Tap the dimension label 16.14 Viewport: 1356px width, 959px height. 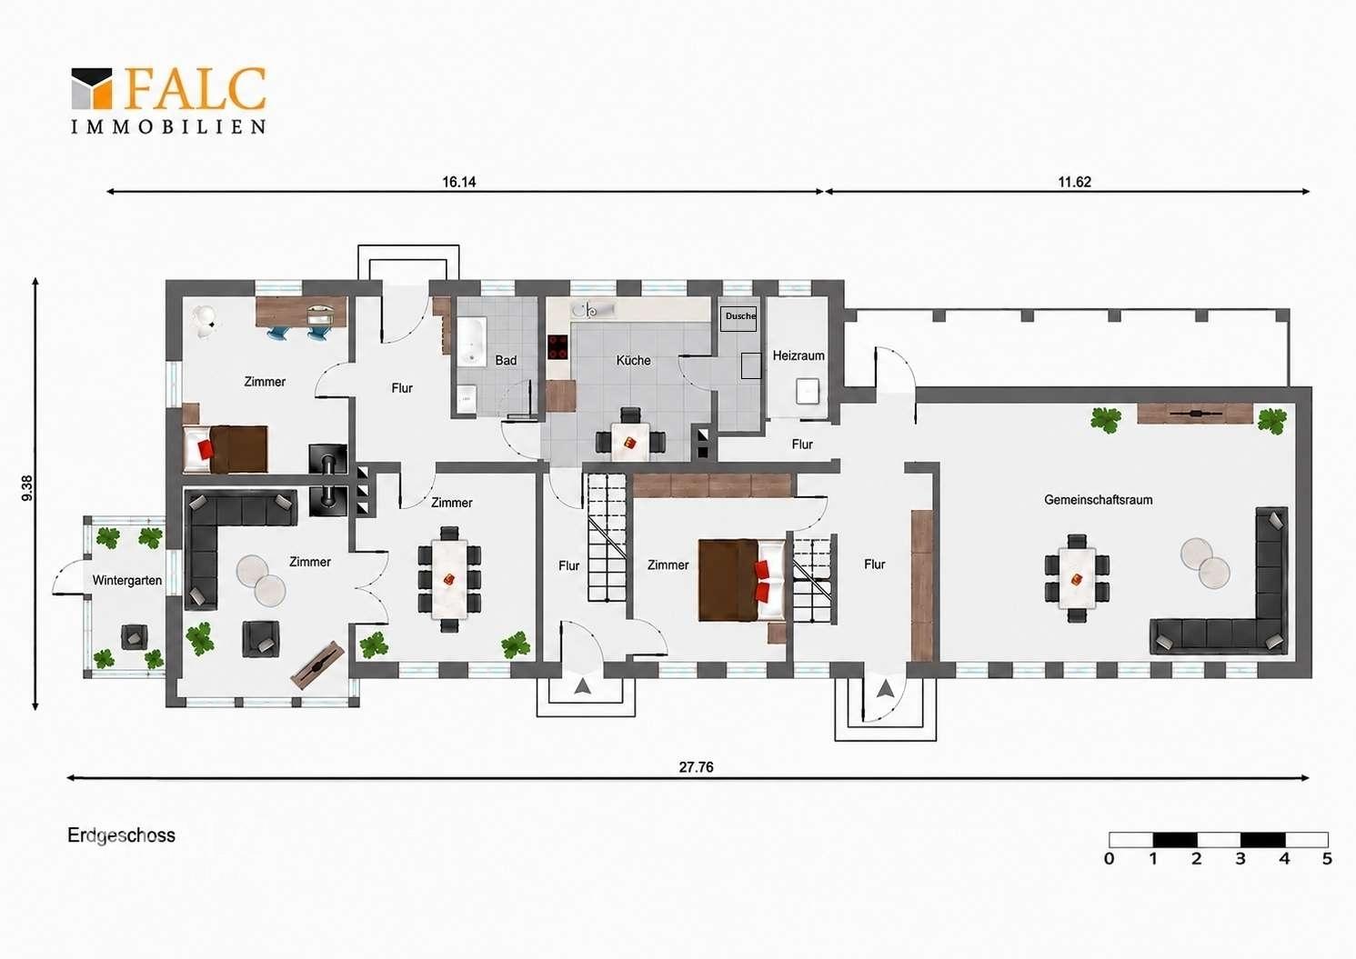coord(459,182)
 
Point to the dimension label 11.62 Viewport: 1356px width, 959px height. coord(1074,182)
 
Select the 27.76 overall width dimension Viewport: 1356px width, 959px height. coord(696,767)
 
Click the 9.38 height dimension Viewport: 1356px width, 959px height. coord(27,487)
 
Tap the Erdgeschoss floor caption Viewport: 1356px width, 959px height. coord(121,835)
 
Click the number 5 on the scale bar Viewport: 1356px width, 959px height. coord(1327,859)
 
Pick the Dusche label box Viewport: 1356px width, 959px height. coord(738,318)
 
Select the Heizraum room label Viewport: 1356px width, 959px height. coord(799,355)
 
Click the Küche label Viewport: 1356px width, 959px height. coord(633,360)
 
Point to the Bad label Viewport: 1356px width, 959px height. coord(506,361)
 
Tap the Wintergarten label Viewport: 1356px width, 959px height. coord(127,581)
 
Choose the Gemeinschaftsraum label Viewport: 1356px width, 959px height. coord(1098,500)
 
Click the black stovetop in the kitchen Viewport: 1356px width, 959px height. coord(558,347)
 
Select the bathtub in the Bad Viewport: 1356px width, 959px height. coord(472,342)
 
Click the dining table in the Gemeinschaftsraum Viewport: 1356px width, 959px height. coord(1077,578)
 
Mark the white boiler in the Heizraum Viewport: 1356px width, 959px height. coord(808,391)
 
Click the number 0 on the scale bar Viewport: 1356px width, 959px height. coord(1109,859)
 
